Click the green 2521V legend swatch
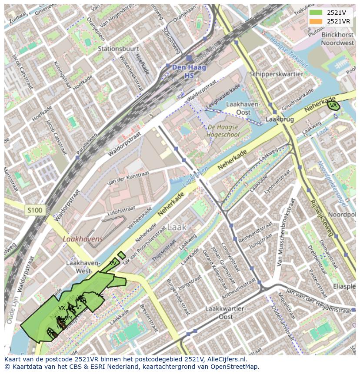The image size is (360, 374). (x=316, y=13)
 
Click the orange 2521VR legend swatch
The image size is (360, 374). (x=316, y=21)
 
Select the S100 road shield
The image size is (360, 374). (x=35, y=211)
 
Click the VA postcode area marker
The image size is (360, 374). (x=333, y=106)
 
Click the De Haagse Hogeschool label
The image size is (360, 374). (x=223, y=131)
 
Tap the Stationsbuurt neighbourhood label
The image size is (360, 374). (x=115, y=49)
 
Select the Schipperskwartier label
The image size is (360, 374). (x=276, y=74)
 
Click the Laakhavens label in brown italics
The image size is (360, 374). (x=83, y=239)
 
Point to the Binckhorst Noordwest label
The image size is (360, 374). (x=337, y=39)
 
